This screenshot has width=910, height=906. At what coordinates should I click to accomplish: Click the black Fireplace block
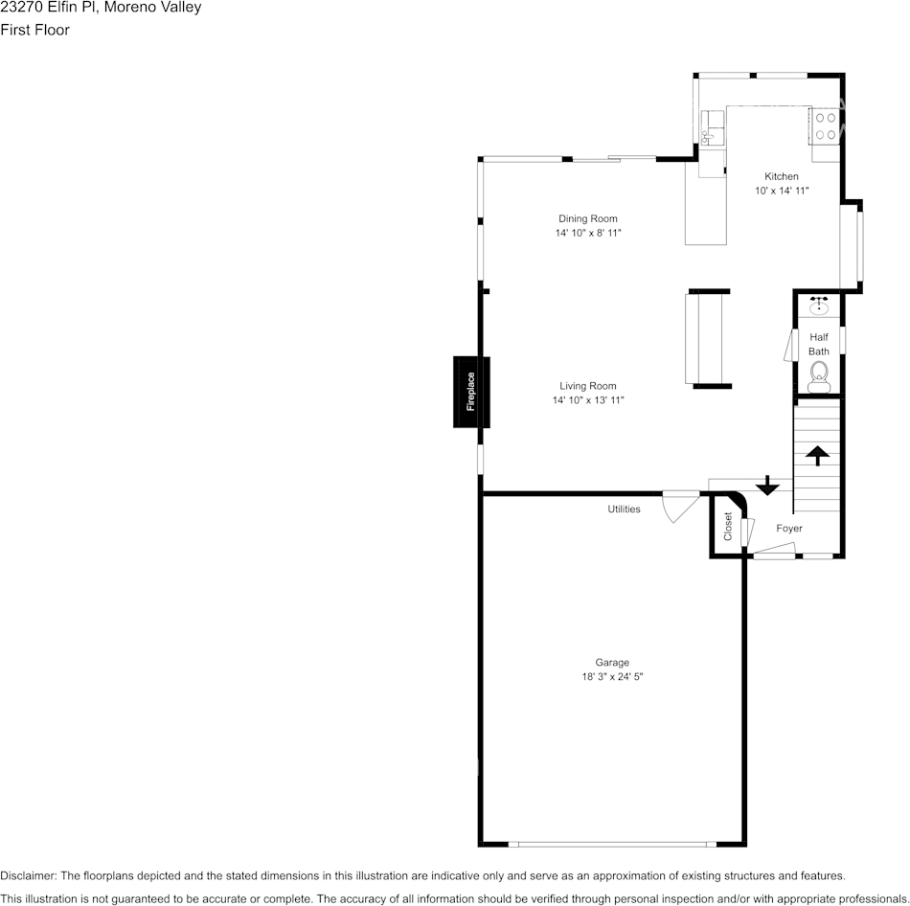tap(471, 392)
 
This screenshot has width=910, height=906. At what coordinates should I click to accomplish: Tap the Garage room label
tap(612, 663)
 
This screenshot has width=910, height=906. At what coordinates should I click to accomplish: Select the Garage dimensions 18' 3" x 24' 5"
tap(612, 677)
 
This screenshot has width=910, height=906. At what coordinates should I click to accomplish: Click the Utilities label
tap(624, 510)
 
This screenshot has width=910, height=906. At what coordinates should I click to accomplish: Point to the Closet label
tap(728, 526)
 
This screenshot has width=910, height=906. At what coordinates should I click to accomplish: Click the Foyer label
tap(789, 529)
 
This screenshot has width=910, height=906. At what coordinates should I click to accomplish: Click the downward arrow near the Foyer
tap(767, 486)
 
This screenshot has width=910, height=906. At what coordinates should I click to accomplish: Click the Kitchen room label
tap(781, 176)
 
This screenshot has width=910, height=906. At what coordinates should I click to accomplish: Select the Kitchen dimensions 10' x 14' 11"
tap(782, 191)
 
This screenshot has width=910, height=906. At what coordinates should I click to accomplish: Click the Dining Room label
tap(588, 218)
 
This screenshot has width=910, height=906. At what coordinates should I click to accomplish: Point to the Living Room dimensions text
tap(588, 400)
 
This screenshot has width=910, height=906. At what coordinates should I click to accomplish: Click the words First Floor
tap(34, 30)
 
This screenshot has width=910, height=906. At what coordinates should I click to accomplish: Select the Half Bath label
tap(819, 344)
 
